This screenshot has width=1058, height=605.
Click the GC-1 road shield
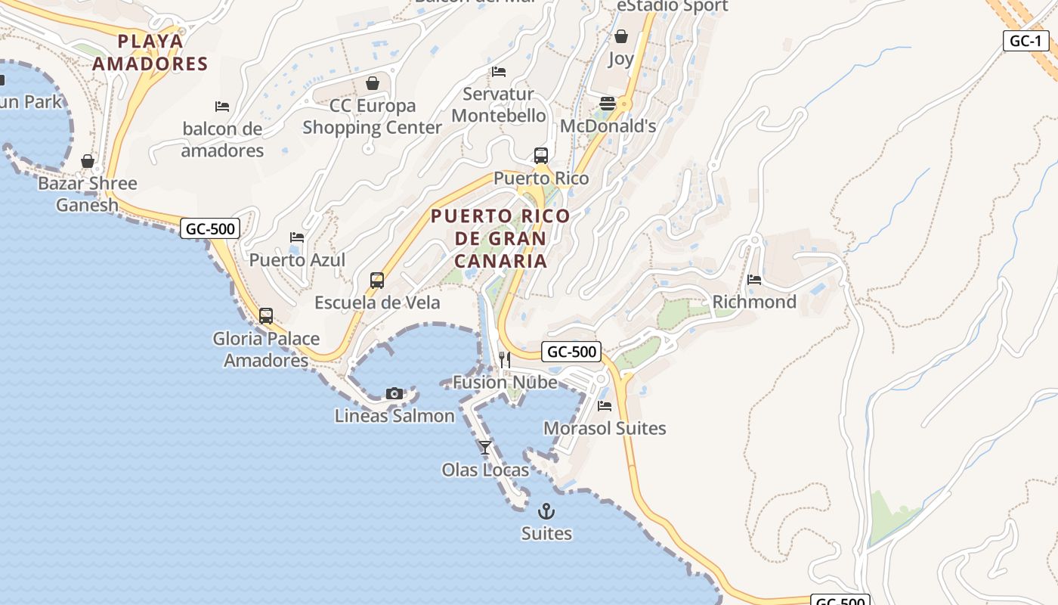[x=1026, y=41]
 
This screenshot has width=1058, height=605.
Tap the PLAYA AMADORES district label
[x=150, y=52]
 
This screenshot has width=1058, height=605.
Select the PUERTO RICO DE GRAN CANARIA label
[x=500, y=238]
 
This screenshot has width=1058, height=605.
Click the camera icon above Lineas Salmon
[x=394, y=393]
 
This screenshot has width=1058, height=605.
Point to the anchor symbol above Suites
[x=546, y=511]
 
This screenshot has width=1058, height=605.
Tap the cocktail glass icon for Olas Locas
[x=485, y=448]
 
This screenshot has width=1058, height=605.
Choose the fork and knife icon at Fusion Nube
[x=505, y=360]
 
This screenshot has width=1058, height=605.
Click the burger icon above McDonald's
[x=608, y=104]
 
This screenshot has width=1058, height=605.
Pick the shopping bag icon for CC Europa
[x=372, y=82]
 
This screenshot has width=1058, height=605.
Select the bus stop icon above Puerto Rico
[x=541, y=156]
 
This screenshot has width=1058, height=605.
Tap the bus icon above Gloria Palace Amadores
[x=266, y=316]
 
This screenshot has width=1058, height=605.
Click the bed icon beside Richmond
[x=754, y=280]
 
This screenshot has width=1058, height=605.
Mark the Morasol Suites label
[x=605, y=428]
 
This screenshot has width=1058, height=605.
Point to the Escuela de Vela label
[x=377, y=302]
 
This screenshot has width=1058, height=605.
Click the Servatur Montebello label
[x=498, y=105]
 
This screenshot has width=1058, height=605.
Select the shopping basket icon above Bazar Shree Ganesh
[x=88, y=161]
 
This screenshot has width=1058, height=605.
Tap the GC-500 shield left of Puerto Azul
[x=210, y=228]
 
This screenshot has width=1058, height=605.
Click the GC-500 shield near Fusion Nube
[x=571, y=352]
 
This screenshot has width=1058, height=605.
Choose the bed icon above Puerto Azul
[x=297, y=237]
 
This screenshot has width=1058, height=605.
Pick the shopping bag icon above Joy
[x=621, y=36]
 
